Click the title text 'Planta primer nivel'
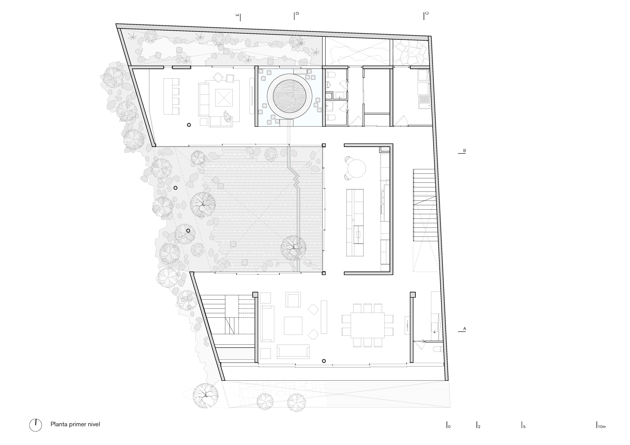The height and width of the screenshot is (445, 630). pyautogui.click(x=75, y=424)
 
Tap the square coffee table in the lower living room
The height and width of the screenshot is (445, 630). pyautogui.click(x=293, y=326)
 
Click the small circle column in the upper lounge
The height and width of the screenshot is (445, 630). pyautogui.click(x=189, y=125)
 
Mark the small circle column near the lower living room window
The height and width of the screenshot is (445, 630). pyautogui.click(x=324, y=361)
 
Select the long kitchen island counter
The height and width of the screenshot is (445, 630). pyautogui.click(x=355, y=223)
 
